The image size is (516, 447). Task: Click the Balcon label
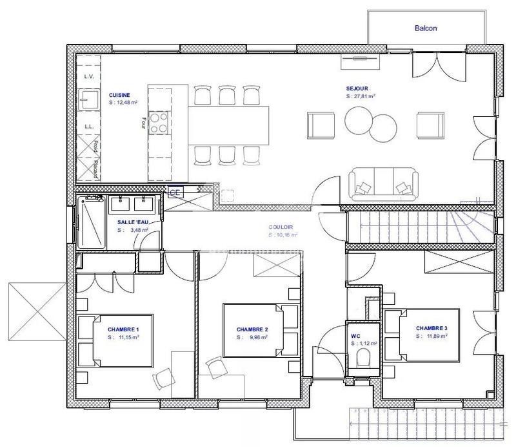[426, 28]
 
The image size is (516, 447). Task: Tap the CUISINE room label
[119, 95]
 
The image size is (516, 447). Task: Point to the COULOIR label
[281, 227]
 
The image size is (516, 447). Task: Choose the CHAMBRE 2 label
[252, 329]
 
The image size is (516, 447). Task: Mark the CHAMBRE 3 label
[432, 328]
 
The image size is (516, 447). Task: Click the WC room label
[355, 336]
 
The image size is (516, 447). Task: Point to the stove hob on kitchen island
[159, 121]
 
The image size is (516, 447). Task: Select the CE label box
[174, 192]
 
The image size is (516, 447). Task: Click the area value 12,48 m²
[124, 102]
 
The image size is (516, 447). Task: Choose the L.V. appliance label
[89, 77]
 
